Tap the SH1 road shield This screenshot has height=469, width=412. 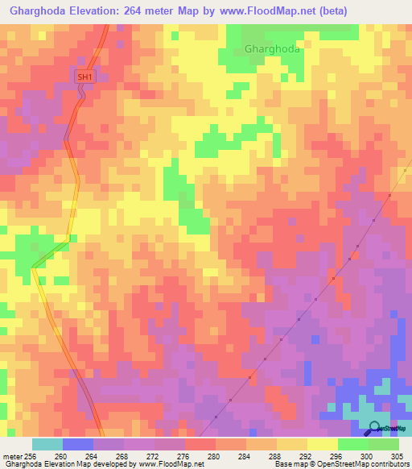point(85,77)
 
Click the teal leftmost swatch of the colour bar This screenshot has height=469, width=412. point(47,444)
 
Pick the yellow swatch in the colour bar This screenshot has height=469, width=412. point(322,444)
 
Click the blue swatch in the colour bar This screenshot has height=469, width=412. point(78,444)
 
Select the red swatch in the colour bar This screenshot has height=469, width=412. point(200,444)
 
